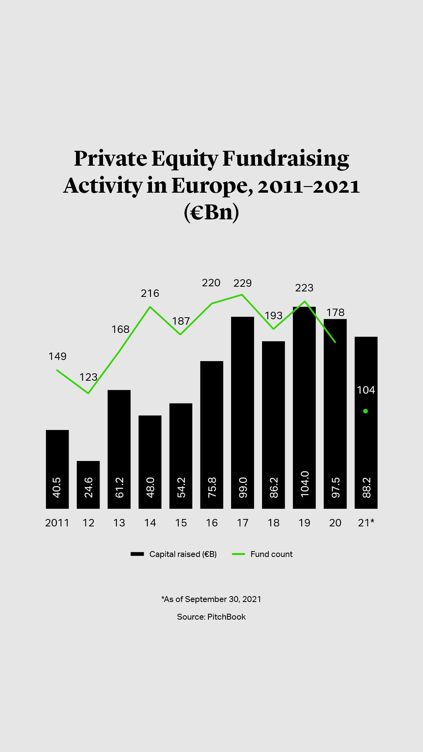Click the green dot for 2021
(365, 411)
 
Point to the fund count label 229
(242, 283)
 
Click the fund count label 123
(88, 377)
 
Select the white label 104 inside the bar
(366, 390)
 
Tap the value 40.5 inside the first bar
(57, 488)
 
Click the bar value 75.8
(211, 488)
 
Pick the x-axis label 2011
(57, 523)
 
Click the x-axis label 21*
(366, 523)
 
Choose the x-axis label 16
(211, 523)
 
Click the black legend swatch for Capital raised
(137, 554)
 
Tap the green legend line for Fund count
(238, 554)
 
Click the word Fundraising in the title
(286, 159)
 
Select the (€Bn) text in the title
(211, 212)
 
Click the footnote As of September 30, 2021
(211, 599)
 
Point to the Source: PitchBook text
(211, 617)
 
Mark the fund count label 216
(150, 293)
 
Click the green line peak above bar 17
(242, 295)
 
